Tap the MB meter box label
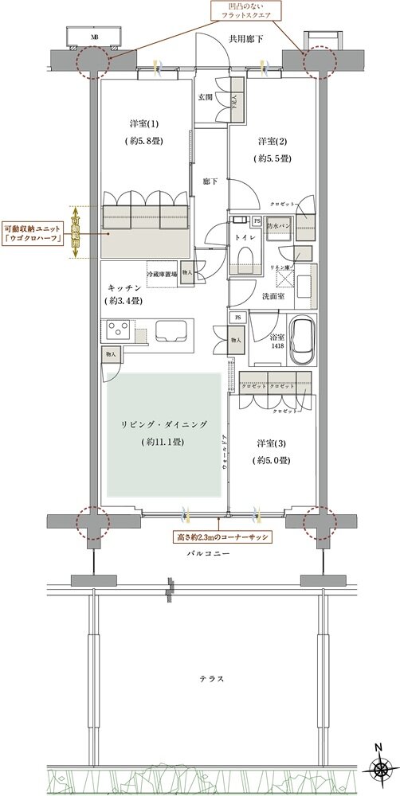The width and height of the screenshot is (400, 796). [x=95, y=37]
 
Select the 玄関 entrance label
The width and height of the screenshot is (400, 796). [x=205, y=97]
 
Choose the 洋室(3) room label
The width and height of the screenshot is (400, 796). [x=273, y=443]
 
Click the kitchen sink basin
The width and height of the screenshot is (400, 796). [x=171, y=330]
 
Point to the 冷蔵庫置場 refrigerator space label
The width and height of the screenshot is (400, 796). [x=162, y=269]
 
